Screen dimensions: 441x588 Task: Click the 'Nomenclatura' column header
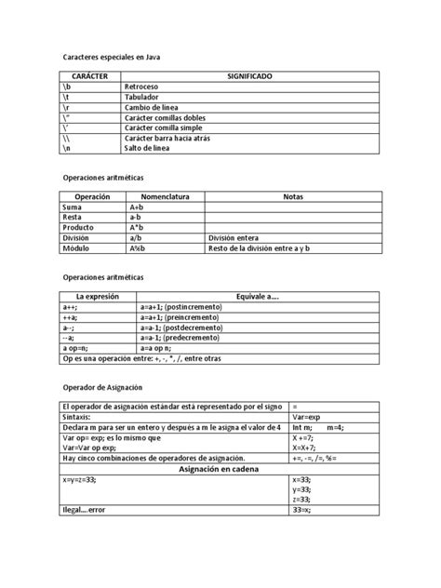click(165, 197)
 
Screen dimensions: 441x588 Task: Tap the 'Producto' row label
click(78, 227)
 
